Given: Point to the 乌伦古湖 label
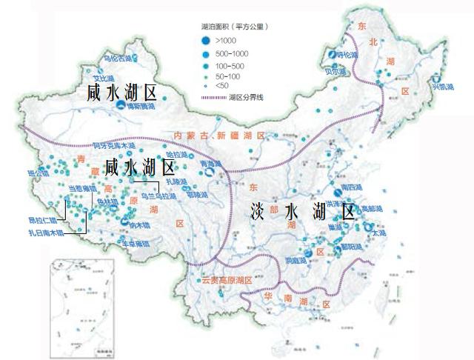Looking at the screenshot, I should coord(118,57).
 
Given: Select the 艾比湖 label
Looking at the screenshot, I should coord(102,76).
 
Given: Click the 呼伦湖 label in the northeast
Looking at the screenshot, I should coord(347,56).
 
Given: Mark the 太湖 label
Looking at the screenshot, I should coord(379,233).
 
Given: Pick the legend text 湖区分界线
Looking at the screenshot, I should coord(247,97).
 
